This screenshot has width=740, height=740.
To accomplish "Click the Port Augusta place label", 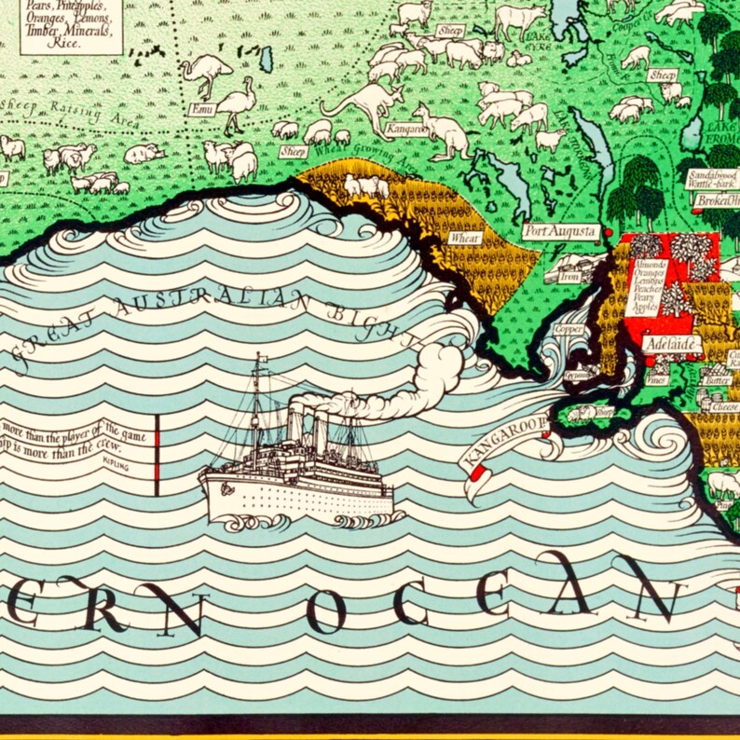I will [x=560, y=231].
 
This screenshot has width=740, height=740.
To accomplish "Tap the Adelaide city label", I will [x=671, y=344].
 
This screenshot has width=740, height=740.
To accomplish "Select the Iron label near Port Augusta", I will [x=569, y=277].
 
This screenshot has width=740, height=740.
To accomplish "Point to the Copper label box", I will [x=568, y=329].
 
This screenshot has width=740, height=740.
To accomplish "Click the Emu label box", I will [x=201, y=109].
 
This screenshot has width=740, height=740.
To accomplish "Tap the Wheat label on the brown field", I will [x=465, y=238].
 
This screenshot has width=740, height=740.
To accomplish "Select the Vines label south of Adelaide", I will [x=657, y=379].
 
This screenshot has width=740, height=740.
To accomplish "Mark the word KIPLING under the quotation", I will [x=116, y=460].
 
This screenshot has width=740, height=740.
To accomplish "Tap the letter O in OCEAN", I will [x=326, y=611].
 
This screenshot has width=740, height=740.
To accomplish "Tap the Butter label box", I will [x=718, y=379].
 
